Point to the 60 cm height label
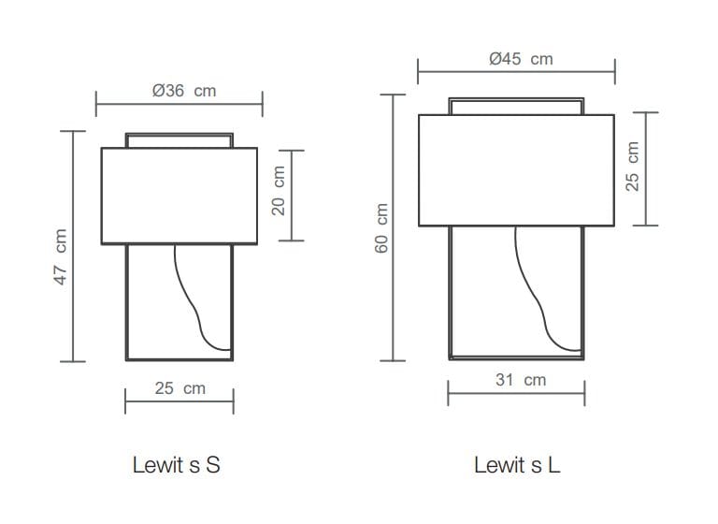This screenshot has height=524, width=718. tap(381, 227)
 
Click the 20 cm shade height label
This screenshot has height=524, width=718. tap(278, 191)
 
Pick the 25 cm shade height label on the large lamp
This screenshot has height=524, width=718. tap(632, 167)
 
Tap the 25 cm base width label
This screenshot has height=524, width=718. tap(179, 388)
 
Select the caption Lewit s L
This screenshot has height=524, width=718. tap(517, 465)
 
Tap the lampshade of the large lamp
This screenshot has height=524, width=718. tap(516, 169)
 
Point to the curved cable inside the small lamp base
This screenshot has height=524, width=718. tap(195, 299)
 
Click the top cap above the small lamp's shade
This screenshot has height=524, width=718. tap(179, 139)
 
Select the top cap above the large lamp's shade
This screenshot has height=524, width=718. tap(516, 105)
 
